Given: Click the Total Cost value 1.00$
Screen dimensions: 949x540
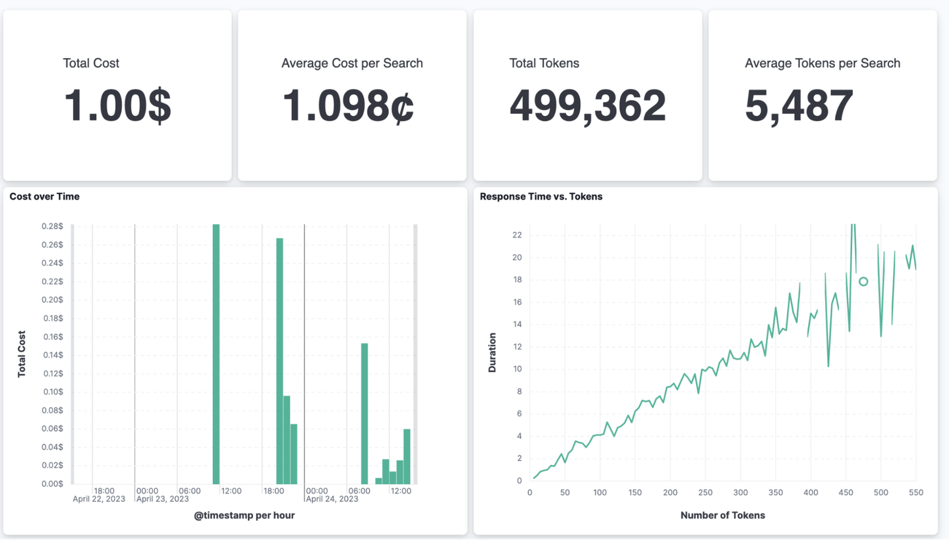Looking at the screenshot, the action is [117, 105].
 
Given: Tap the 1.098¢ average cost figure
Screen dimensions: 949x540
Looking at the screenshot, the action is [348, 105].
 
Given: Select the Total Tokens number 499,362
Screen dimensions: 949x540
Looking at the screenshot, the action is [588, 106].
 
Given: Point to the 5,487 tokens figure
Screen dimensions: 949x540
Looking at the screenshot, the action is [799, 106].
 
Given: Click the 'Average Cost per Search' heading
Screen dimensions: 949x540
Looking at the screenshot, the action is [352, 63].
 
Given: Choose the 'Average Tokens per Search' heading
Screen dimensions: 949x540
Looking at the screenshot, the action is [822, 63].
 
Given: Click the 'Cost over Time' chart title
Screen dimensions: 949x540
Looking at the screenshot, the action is [45, 196].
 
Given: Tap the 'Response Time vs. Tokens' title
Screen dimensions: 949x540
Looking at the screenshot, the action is [541, 196].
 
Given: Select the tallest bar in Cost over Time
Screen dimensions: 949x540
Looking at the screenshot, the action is [216, 354].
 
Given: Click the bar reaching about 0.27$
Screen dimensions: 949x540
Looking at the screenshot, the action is [279, 361].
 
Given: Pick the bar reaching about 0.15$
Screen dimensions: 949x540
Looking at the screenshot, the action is [364, 414].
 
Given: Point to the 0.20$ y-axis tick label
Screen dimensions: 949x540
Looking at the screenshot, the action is [52, 300].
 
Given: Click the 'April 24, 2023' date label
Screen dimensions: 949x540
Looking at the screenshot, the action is [332, 499].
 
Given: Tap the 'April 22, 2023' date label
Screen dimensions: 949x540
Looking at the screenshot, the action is [99, 499].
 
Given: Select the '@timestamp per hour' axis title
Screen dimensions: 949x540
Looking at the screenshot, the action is [244, 516].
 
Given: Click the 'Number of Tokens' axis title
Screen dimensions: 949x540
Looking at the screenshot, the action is [723, 516].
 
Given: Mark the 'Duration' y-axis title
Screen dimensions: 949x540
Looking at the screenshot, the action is [492, 352].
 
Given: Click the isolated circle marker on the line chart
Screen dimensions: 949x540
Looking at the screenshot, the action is [863, 281].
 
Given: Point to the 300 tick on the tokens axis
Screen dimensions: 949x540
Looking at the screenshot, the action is [741, 493].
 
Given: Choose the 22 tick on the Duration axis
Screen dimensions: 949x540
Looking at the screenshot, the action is [517, 235].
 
